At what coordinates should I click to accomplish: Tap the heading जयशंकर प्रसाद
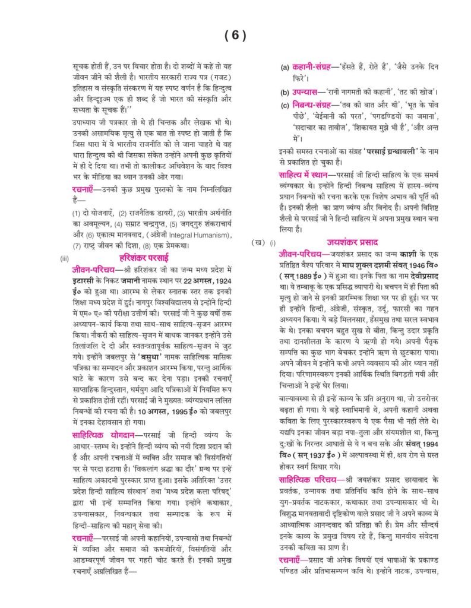(x=352, y=242)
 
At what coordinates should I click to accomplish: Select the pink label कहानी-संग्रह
(x=312, y=68)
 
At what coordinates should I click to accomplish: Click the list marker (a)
(x=285, y=68)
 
